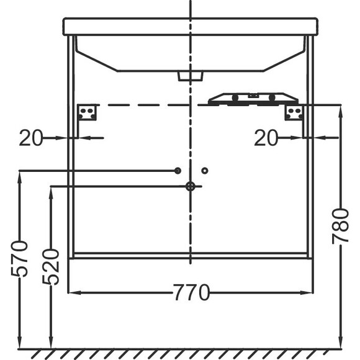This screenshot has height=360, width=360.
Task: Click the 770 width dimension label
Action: click(x=191, y=292)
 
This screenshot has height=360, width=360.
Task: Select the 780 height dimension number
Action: click(x=341, y=227)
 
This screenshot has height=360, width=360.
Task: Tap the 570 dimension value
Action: click(x=19, y=258)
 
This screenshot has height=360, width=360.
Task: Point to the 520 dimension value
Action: click(x=51, y=267)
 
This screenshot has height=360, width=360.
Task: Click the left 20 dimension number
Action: click(x=31, y=138)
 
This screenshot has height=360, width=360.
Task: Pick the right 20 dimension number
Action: click(x=266, y=138)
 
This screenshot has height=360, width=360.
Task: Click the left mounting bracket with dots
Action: click(x=86, y=112)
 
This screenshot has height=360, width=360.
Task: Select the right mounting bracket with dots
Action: click(x=294, y=112)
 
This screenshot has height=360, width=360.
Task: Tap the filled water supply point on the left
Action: click(x=178, y=171)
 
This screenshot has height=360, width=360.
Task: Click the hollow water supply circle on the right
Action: click(x=205, y=171)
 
